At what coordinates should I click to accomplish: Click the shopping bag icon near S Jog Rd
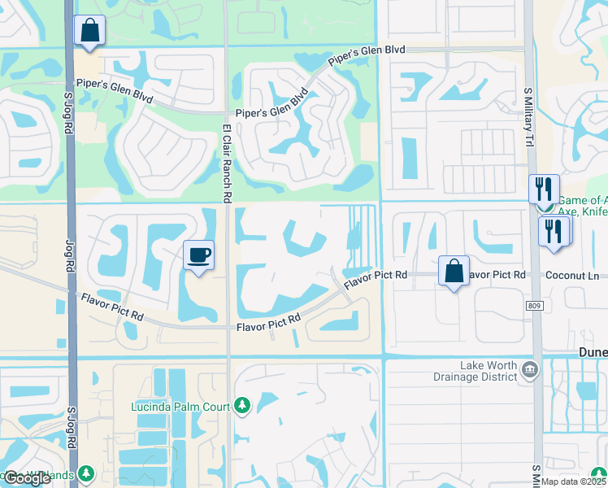(x=89, y=32)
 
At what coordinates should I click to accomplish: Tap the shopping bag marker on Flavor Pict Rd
(x=454, y=271)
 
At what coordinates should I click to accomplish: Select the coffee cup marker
(x=199, y=255)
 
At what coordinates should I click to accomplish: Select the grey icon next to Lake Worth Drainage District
(x=531, y=370)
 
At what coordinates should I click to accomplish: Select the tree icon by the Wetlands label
(x=85, y=473)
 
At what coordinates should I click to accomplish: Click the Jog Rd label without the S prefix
(x=69, y=261)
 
